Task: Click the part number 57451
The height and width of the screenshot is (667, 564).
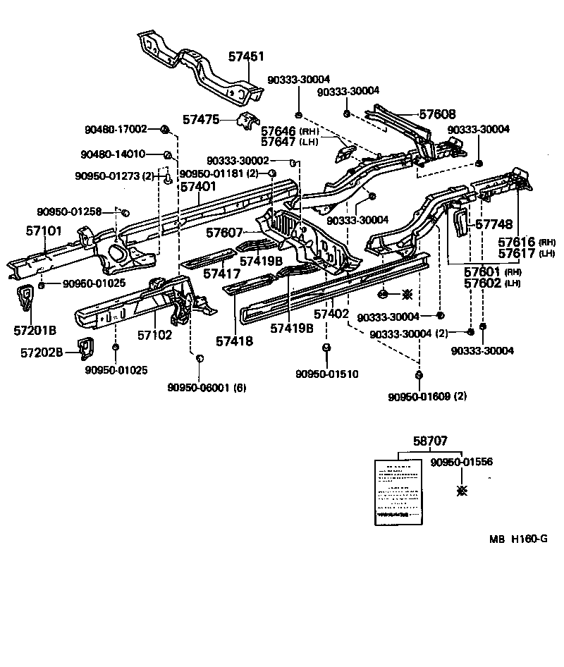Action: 245,56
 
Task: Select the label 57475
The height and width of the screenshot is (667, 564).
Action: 201,120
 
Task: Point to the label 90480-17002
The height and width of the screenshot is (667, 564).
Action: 115,129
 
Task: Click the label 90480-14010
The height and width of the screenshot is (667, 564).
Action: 113,154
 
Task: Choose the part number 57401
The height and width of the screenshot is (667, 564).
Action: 197,187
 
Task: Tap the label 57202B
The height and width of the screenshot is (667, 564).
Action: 39,352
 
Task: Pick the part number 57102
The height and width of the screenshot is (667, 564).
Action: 154,335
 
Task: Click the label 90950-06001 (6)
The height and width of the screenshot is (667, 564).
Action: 207,387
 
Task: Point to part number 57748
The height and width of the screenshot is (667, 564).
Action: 493,224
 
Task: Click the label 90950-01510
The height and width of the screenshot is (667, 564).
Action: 326,374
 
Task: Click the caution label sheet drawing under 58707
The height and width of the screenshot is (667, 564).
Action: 398,491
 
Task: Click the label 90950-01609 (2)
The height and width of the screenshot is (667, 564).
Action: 427,396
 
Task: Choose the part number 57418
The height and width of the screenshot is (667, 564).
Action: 234,341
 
